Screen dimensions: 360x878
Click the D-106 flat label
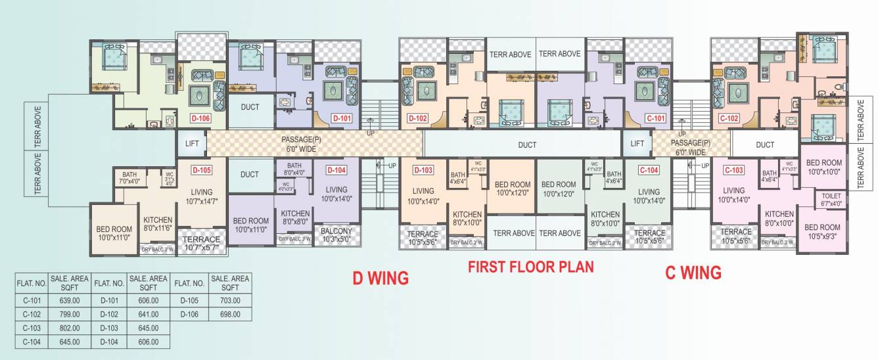pyautogui.click(x=201, y=119)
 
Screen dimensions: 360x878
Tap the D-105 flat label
pyautogui.click(x=201, y=169)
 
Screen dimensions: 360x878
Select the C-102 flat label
pyautogui.click(x=729, y=119)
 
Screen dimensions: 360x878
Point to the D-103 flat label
pyautogui.click(x=423, y=170)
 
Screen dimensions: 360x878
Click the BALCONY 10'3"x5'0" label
pyautogui.click(x=336, y=235)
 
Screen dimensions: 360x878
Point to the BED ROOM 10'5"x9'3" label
pyautogui.click(x=822, y=231)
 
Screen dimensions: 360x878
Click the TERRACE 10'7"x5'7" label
pyautogui.click(x=201, y=243)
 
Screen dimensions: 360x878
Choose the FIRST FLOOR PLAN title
pyautogui.click(x=530, y=267)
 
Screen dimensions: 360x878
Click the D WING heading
pyautogui.click(x=381, y=278)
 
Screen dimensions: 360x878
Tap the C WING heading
pyautogui.click(x=693, y=272)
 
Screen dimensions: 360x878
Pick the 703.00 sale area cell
pyautogui.click(x=230, y=300)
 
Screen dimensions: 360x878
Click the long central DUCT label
pyautogui.click(x=527, y=145)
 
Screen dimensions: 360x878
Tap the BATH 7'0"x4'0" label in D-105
pyautogui.click(x=129, y=177)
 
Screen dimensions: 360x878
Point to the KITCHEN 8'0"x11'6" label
pyautogui.click(x=158, y=223)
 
